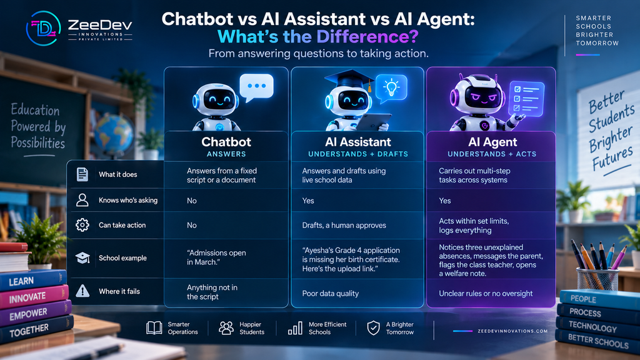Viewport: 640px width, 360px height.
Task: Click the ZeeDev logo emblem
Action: (x=43, y=28)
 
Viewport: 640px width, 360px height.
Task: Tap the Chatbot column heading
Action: (x=226, y=142)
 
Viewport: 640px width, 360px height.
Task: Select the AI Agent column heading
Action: (x=492, y=142)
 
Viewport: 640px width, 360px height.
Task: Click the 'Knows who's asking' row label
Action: (x=128, y=200)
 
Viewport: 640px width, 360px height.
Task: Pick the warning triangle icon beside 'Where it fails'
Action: (x=82, y=291)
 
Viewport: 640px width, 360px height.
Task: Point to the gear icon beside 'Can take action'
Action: (x=82, y=225)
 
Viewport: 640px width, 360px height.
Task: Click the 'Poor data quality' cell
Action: (x=330, y=294)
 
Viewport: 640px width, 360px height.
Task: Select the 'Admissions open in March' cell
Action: (x=216, y=257)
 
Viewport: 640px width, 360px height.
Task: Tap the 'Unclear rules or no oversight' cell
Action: (x=486, y=294)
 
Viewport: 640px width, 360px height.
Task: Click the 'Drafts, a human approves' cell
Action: (x=344, y=225)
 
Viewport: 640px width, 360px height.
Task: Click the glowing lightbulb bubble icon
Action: (x=391, y=87)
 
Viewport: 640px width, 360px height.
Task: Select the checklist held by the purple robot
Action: (x=526, y=99)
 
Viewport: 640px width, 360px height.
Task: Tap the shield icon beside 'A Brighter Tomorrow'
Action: (x=374, y=327)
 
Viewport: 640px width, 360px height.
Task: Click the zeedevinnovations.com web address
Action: (x=512, y=331)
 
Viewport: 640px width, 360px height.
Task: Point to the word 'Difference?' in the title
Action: (x=367, y=36)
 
